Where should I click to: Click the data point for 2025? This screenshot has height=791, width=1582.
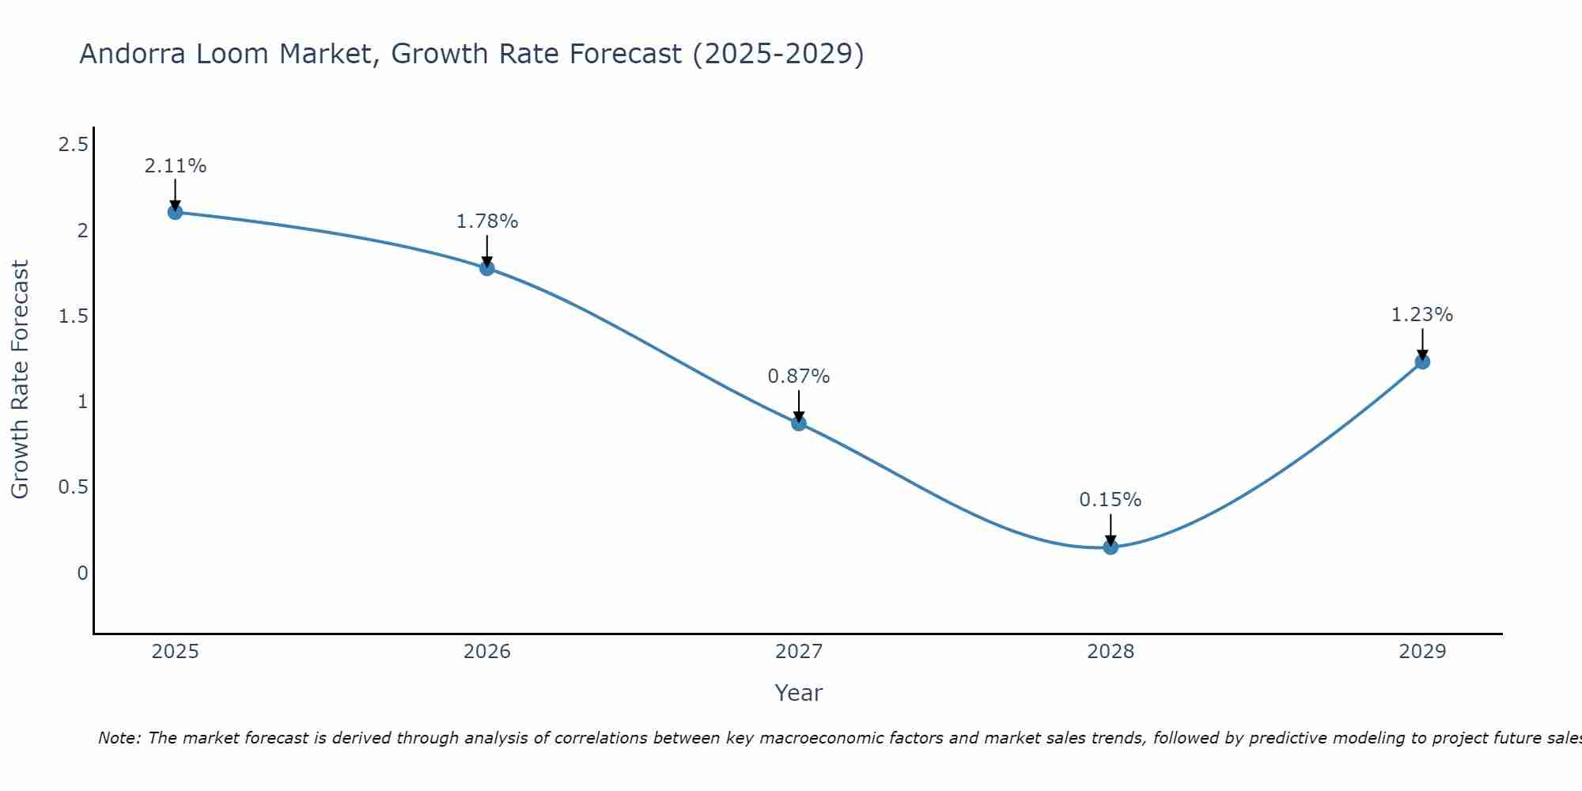pyautogui.click(x=175, y=212)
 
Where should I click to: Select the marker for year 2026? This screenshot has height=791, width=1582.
pyautogui.click(x=487, y=268)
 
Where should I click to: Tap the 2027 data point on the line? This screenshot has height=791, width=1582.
pyautogui.click(x=799, y=423)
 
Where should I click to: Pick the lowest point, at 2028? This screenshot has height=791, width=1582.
pyautogui.click(x=1111, y=547)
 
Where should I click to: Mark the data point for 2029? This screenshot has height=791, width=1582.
pyautogui.click(x=1422, y=361)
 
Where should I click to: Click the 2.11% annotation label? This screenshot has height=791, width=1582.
pyautogui.click(x=175, y=166)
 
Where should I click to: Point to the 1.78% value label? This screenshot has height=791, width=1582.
pyautogui.click(x=487, y=221)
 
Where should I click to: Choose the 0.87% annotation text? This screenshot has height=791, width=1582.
pyautogui.click(x=799, y=377)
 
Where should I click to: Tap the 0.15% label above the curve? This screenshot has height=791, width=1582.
pyautogui.click(x=1111, y=500)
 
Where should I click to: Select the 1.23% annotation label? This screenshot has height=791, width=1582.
pyautogui.click(x=1422, y=315)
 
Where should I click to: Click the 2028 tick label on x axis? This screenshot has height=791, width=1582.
pyautogui.click(x=1111, y=652)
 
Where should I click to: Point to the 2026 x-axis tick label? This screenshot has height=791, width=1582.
pyautogui.click(x=487, y=652)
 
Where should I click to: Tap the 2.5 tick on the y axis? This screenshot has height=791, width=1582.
pyautogui.click(x=74, y=145)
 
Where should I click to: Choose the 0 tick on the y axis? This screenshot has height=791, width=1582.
pyautogui.click(x=82, y=573)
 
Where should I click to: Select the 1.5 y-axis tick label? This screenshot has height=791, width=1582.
pyautogui.click(x=74, y=316)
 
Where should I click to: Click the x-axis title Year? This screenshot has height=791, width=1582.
pyautogui.click(x=799, y=693)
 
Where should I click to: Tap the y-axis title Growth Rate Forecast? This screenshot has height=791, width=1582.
pyautogui.click(x=20, y=380)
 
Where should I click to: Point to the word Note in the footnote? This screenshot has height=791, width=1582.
pyautogui.click(x=118, y=738)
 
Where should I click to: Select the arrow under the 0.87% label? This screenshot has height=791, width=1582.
pyautogui.click(x=799, y=406)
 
